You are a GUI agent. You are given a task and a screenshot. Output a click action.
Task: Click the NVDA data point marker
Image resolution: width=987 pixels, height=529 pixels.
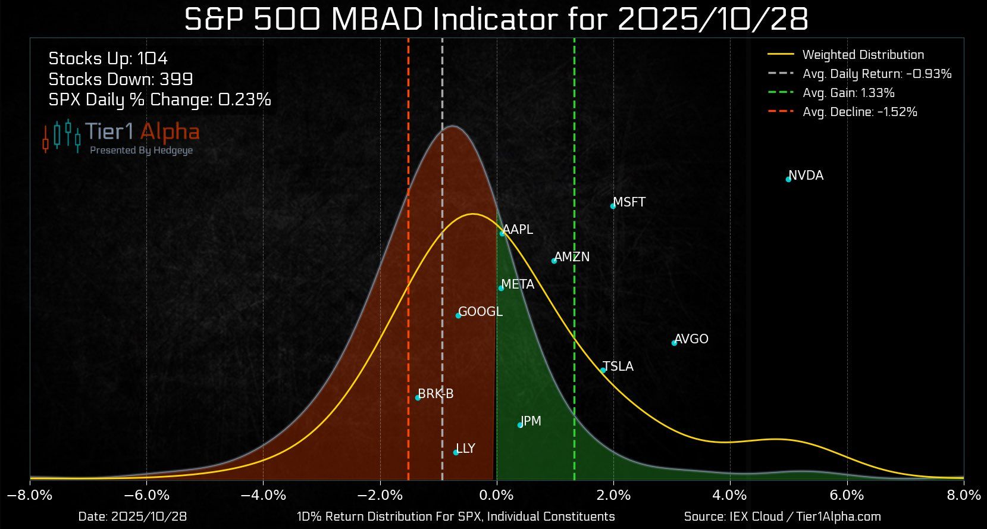pos(788,179)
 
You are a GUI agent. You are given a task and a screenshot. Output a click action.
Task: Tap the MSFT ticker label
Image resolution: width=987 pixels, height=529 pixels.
pos(629,202)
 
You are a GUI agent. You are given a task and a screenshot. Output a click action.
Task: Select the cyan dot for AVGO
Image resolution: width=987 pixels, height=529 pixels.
pos(674,343)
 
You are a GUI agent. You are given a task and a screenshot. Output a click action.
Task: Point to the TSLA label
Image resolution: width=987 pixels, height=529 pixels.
pos(618,367)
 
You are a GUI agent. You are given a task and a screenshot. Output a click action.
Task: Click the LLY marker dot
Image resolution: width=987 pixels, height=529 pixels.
pos(456,452)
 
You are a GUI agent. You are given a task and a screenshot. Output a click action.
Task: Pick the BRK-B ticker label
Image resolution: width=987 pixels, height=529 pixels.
pos(435,394)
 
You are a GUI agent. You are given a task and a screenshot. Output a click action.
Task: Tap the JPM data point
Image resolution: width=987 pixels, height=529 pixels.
pos(520,425)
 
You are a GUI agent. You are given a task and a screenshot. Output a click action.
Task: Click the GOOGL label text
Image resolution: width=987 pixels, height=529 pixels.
pos(480,312)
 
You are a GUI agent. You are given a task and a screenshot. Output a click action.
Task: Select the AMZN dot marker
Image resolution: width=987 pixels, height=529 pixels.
pos(554,261)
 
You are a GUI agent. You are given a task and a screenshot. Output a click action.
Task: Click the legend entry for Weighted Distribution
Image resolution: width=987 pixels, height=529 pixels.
pos(863,55)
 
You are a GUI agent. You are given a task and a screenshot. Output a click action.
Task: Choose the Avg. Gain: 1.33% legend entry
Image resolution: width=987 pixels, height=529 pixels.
pos(848,93)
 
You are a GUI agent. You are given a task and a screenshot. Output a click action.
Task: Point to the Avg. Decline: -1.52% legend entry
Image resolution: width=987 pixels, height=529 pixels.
pos(859,112)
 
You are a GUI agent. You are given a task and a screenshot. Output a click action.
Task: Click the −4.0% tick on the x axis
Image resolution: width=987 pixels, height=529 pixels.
pos(263,496)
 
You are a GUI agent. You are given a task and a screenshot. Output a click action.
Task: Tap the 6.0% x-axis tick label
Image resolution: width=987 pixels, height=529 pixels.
pos(846,496)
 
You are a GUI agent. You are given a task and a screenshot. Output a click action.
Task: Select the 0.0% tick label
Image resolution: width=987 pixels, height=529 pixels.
pos(497,496)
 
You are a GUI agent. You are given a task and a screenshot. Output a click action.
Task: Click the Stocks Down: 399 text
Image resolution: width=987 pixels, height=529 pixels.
pos(121,79)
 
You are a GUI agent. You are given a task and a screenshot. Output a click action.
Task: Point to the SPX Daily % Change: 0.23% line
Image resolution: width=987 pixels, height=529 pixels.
pos(159,99)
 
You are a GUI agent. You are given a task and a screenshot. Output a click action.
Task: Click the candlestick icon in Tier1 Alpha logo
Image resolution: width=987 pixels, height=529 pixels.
pos(61,135)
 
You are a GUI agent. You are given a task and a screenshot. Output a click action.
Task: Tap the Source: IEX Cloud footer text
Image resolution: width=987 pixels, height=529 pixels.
pos(782,517)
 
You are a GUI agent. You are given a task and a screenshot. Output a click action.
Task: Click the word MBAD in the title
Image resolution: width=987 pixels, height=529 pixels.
pos(378,20)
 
